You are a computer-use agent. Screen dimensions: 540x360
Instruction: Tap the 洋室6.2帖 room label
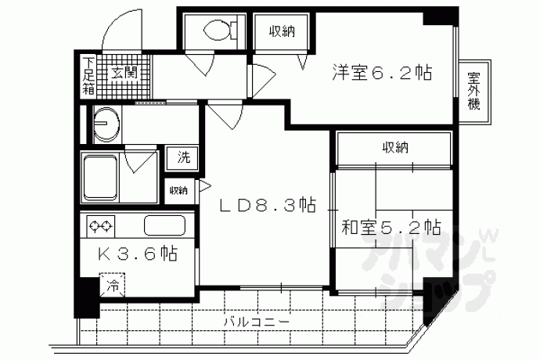(382, 72)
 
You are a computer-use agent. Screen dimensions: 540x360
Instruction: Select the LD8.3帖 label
(268, 205)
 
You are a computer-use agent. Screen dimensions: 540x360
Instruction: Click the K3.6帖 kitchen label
(137, 254)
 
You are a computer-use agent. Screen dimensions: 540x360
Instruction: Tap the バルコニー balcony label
(257, 322)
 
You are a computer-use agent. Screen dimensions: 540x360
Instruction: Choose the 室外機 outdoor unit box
(475, 92)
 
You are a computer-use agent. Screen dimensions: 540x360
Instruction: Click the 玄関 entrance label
(124, 72)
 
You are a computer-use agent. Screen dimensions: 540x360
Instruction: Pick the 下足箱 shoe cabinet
(89, 76)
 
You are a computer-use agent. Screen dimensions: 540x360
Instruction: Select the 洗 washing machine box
(183, 158)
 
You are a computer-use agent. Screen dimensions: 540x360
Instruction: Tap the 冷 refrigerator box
(112, 285)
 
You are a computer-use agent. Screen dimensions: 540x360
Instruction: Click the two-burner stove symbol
(101, 226)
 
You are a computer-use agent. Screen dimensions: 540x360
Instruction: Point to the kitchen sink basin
(164, 225)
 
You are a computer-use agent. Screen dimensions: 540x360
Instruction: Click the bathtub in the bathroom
(100, 178)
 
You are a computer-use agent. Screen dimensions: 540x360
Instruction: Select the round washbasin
(106, 124)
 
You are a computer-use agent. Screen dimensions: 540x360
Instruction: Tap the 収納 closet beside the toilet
(282, 31)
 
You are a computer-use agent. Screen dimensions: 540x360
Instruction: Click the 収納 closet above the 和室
(394, 147)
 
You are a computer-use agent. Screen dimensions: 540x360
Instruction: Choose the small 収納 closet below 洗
(178, 190)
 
